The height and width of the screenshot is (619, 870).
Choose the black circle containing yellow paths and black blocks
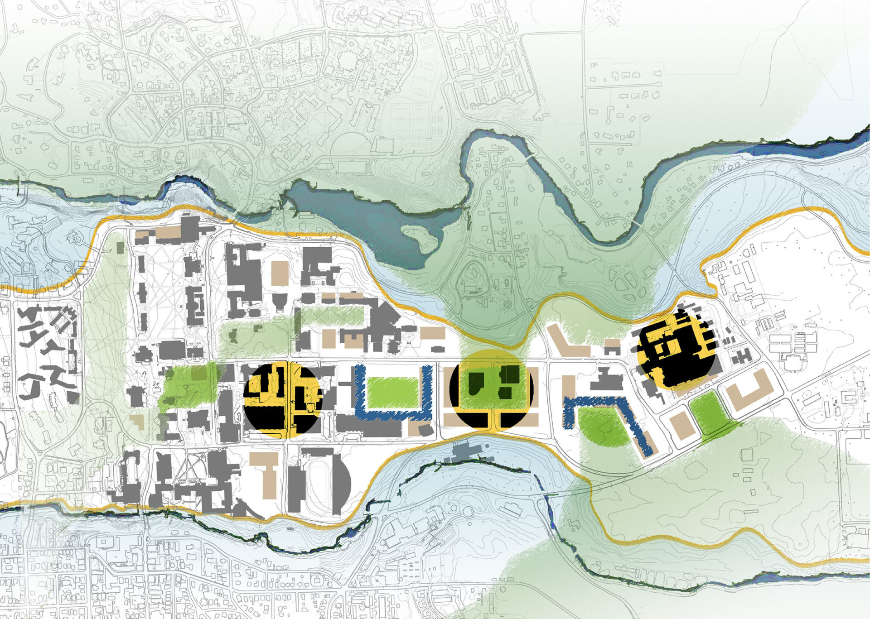coord(282,401)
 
